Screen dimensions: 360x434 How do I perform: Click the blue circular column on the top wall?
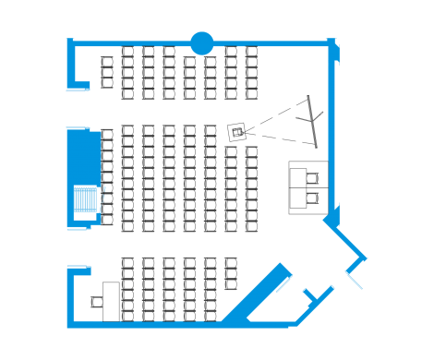click(201, 42)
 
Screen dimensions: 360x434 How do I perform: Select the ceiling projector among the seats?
click(238, 131)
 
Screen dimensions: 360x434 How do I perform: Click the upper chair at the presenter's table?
click(314, 177)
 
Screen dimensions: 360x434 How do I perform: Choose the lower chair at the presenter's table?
click(314, 196)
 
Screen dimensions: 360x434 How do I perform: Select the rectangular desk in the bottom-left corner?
click(110, 300)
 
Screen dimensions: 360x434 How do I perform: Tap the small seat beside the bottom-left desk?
click(96, 301)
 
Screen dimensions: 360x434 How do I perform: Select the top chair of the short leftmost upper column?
click(107, 63)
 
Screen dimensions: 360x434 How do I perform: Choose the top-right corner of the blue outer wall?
click(331, 42)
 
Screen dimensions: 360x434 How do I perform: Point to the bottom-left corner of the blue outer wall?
click(70, 322)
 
